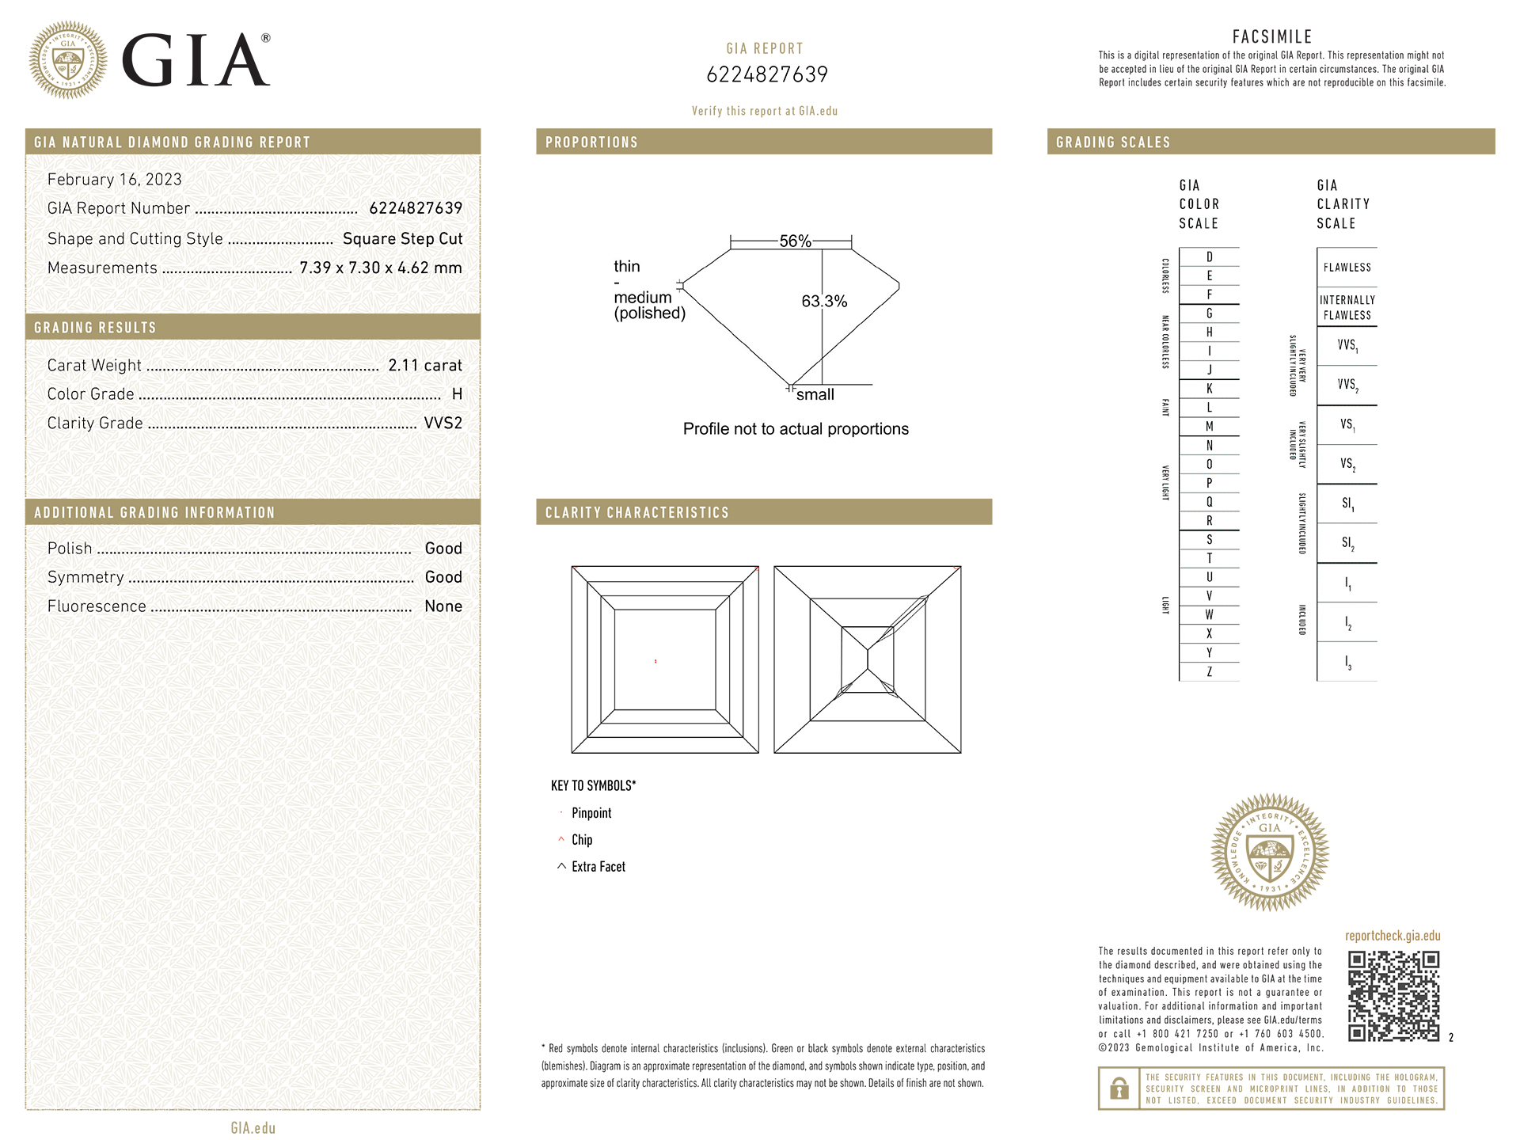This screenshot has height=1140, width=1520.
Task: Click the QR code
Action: (1393, 996)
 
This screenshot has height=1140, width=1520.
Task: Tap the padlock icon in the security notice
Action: (1119, 1089)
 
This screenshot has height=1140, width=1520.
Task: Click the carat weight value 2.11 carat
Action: (424, 365)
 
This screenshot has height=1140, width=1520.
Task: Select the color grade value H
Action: (457, 394)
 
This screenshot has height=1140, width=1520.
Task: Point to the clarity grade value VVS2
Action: (443, 423)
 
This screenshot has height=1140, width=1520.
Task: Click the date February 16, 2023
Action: (115, 180)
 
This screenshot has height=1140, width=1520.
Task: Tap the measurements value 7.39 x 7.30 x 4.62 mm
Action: (380, 268)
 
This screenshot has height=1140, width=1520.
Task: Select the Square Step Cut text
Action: (402, 238)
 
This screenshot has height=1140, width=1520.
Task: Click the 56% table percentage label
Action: (795, 241)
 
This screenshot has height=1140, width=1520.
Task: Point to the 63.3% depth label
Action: (824, 301)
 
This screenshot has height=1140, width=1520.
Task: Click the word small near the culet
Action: (815, 394)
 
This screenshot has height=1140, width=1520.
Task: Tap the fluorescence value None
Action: (443, 606)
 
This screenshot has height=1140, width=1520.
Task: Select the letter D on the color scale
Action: (1209, 256)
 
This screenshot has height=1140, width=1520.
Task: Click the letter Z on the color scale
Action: (1209, 672)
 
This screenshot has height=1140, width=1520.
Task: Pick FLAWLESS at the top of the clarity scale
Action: (1347, 268)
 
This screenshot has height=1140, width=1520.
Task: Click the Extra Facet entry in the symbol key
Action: (598, 867)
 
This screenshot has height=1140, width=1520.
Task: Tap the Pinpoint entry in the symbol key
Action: (591, 813)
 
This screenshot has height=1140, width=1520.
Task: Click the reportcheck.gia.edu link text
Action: (1393, 936)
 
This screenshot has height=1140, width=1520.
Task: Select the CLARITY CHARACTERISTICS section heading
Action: (636, 512)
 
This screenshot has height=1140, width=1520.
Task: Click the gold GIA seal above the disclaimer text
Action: (1270, 852)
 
